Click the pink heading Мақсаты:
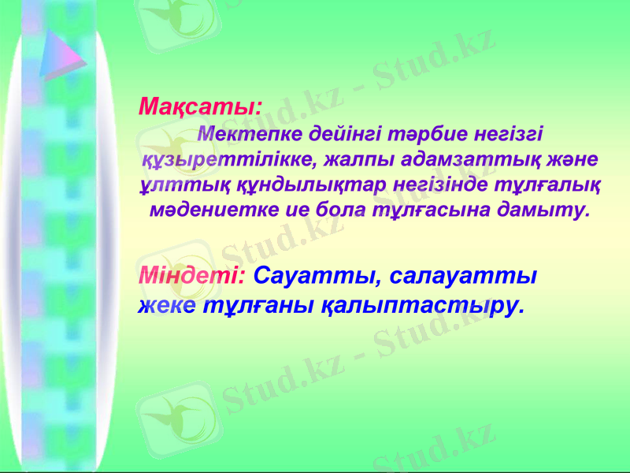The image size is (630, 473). click(x=200, y=106)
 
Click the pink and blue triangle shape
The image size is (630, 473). click(x=61, y=54)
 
